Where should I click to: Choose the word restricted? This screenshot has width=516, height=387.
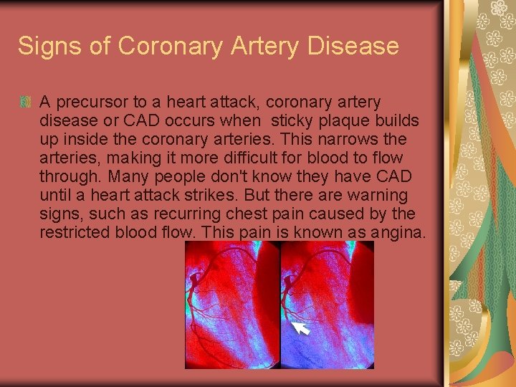click(75, 232)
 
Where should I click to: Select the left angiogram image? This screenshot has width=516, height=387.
click(231, 305)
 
